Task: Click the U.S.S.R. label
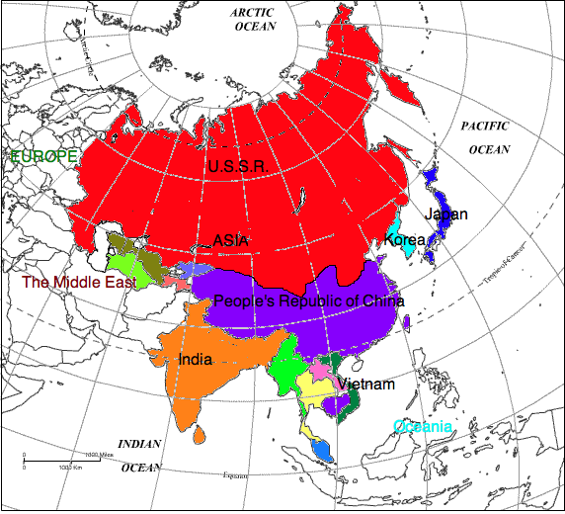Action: click(237, 166)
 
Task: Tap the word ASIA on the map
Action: click(231, 240)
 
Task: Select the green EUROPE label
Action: click(42, 156)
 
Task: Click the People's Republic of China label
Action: click(309, 301)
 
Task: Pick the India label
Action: click(195, 360)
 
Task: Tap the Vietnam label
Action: click(365, 384)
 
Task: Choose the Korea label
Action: click(406, 240)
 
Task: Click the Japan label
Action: click(446, 214)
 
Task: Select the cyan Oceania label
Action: click(423, 427)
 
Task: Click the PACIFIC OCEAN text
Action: click(486, 137)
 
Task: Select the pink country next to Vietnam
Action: click(320, 370)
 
